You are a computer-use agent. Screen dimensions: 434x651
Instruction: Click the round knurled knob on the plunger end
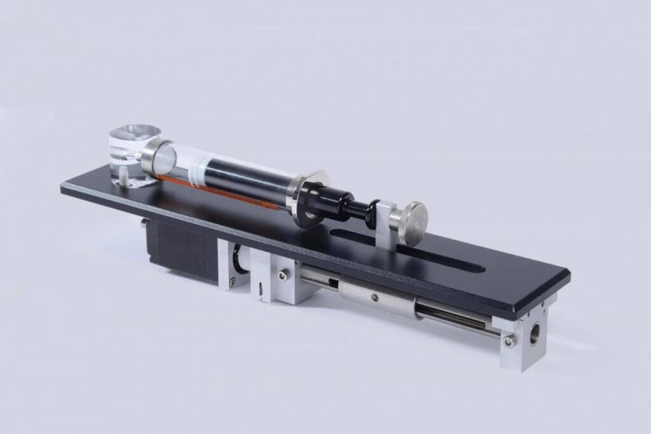pos(410,223)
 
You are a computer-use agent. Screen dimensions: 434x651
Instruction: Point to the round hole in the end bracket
pos(533,331)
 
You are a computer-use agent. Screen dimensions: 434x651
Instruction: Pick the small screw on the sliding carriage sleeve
pos(374,297)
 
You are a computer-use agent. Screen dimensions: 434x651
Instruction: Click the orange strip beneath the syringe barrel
pos(229,198)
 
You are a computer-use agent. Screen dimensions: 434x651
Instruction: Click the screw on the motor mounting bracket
pos(232,280)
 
